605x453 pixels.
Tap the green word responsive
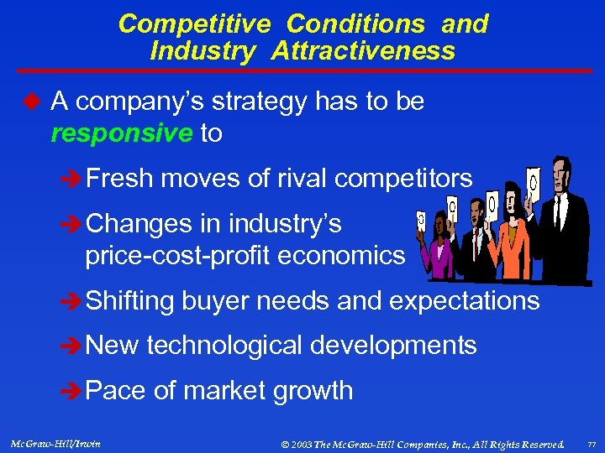pos(122,133)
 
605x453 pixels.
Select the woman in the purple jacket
pos(440,252)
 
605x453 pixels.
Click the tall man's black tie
pos(556,214)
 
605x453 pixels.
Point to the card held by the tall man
pos(533,180)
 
